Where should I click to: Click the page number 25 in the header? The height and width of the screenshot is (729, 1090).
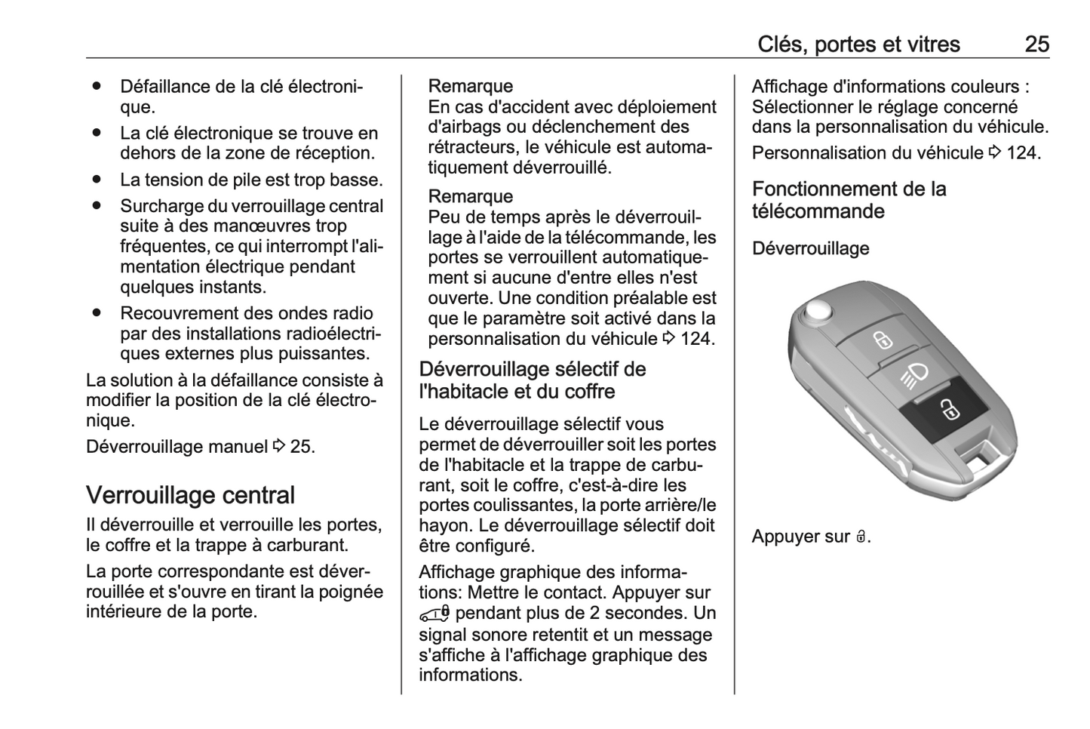[1036, 45]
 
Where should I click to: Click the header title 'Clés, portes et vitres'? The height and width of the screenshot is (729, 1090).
[858, 45]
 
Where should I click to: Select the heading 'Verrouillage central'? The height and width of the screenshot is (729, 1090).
[190, 496]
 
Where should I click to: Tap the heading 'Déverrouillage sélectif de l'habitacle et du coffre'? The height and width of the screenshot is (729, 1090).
[532, 380]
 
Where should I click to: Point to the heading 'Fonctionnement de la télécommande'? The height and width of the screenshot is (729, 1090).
[849, 200]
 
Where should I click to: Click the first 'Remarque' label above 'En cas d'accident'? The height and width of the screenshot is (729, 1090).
[470, 86]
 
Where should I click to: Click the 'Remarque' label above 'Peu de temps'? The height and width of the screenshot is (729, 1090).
[470, 196]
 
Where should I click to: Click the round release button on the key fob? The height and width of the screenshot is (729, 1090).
[816, 311]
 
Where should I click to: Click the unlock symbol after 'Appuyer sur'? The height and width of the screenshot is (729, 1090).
[861, 537]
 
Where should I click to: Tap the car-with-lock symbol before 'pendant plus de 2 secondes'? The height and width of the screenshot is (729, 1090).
[435, 614]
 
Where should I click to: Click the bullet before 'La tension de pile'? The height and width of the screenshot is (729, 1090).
[97, 180]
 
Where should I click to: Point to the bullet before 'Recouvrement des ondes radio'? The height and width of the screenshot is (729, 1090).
[97, 312]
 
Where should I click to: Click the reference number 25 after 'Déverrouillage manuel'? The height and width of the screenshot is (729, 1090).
[300, 447]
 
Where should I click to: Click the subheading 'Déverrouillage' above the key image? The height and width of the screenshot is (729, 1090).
[810, 248]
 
